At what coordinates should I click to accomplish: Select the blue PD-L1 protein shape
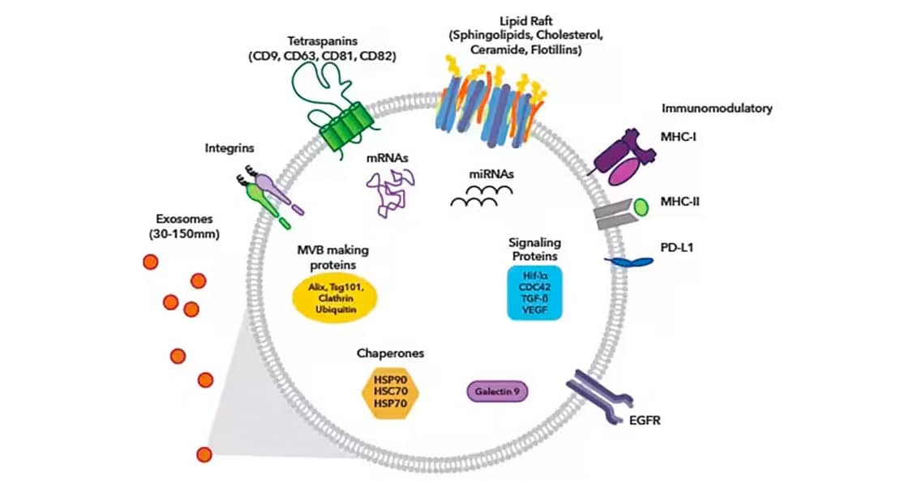click(633, 261)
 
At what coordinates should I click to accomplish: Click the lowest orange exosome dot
click(204, 454)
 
